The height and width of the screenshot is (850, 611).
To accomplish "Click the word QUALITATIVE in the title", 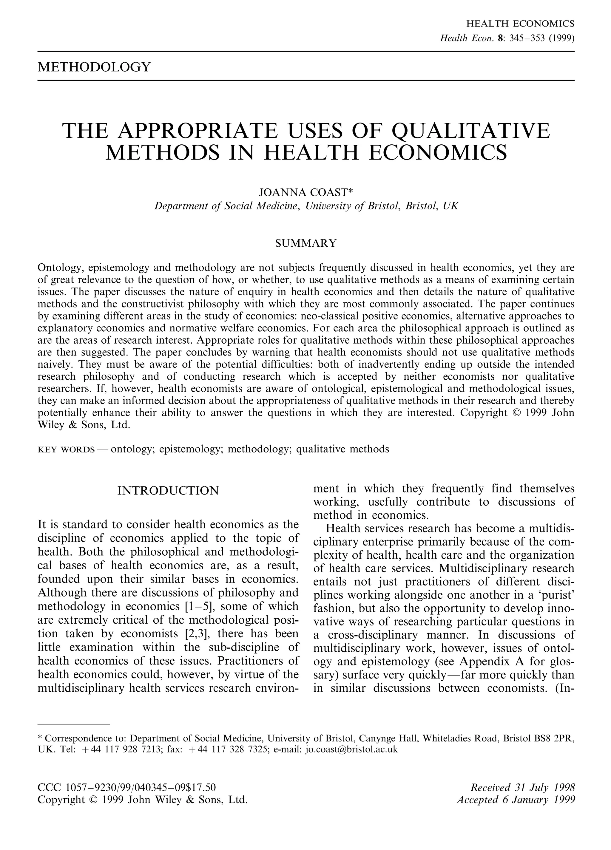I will [x=470, y=130].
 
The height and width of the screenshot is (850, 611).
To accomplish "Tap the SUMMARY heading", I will [x=306, y=243].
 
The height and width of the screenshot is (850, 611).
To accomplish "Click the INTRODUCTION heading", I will [x=168, y=491].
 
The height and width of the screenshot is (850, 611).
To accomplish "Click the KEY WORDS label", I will [x=66, y=449].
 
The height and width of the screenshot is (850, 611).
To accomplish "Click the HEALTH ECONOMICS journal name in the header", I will [x=520, y=24].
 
